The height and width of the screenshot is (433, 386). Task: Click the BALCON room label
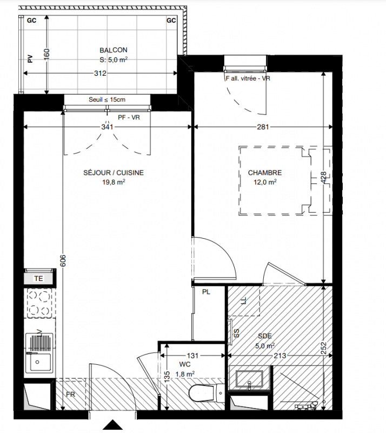(114, 50)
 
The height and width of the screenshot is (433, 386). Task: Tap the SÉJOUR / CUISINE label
(114, 173)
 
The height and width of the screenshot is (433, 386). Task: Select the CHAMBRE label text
(265, 173)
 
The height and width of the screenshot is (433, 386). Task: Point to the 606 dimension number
(63, 260)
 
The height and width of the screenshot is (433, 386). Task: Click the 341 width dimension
(107, 127)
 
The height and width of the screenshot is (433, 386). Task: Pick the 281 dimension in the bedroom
(263, 127)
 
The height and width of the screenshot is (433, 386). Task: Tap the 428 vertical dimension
(323, 178)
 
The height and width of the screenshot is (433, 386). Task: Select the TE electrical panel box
(38, 278)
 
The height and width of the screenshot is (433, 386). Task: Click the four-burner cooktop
(39, 303)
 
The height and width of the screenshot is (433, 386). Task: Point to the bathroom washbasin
(249, 378)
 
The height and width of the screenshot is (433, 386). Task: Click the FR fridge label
(70, 395)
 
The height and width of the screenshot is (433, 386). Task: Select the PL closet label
(206, 292)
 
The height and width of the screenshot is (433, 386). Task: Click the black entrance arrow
(112, 425)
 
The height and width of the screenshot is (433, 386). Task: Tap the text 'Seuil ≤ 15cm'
(107, 100)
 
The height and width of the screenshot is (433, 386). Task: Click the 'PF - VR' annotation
(129, 117)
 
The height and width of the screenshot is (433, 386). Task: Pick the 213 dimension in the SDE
(280, 356)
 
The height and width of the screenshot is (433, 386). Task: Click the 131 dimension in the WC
(192, 356)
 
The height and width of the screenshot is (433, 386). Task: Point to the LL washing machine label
(244, 301)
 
